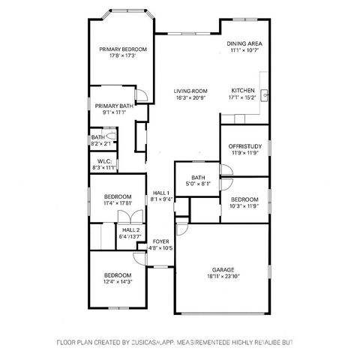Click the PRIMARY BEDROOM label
(123, 49)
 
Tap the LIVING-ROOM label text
(190, 91)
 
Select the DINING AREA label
(244, 43)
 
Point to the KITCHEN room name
(243, 91)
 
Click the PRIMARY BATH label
(114, 106)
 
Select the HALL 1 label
(160, 193)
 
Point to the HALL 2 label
(130, 229)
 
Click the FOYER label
(160, 241)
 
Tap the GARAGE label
(223, 269)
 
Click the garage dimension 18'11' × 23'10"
(223, 276)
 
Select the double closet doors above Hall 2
(124, 215)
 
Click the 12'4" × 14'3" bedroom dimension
(118, 282)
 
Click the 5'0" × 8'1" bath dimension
(198, 184)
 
